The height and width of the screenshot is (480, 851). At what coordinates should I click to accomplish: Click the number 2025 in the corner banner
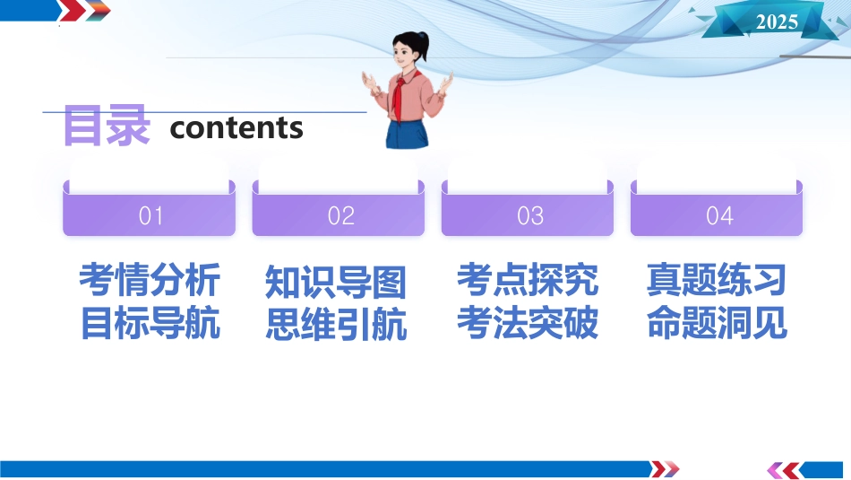click(777, 22)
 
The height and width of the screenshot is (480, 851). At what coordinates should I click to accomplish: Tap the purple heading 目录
click(107, 126)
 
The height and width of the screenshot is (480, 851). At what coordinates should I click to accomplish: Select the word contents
click(236, 128)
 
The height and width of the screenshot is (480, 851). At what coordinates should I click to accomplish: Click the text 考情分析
click(150, 280)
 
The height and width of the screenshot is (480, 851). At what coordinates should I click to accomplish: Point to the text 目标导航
click(150, 324)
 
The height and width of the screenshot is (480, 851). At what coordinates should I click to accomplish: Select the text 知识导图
click(336, 282)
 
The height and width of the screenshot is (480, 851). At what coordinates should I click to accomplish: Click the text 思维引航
click(337, 325)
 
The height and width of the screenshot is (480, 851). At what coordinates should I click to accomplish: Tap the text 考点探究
click(528, 280)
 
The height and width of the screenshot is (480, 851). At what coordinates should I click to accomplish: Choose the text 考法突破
click(528, 323)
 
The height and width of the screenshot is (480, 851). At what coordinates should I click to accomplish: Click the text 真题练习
click(717, 279)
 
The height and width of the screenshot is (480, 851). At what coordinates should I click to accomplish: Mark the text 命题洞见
click(717, 322)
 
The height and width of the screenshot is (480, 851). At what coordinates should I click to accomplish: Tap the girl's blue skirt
click(407, 134)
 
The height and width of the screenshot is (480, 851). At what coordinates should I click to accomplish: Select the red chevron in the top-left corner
click(73, 11)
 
